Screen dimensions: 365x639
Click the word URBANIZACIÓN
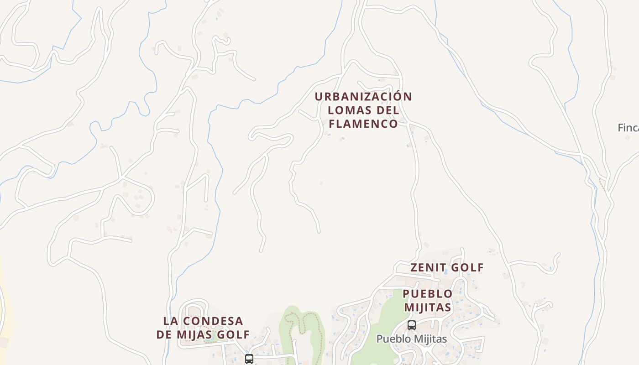(x=363, y=97)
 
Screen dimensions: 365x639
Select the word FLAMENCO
(x=363, y=124)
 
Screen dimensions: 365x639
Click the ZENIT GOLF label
(x=447, y=267)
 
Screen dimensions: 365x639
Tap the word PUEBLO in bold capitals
(x=428, y=293)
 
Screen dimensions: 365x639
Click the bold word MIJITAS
(x=428, y=307)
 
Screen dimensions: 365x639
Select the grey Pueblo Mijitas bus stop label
(x=411, y=339)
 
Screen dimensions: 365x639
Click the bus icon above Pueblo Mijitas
(x=411, y=325)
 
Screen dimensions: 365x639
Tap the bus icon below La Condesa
(x=249, y=359)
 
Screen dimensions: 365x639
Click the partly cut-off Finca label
(x=628, y=128)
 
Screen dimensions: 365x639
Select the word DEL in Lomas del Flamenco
(x=388, y=110)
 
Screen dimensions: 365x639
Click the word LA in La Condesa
(x=170, y=321)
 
